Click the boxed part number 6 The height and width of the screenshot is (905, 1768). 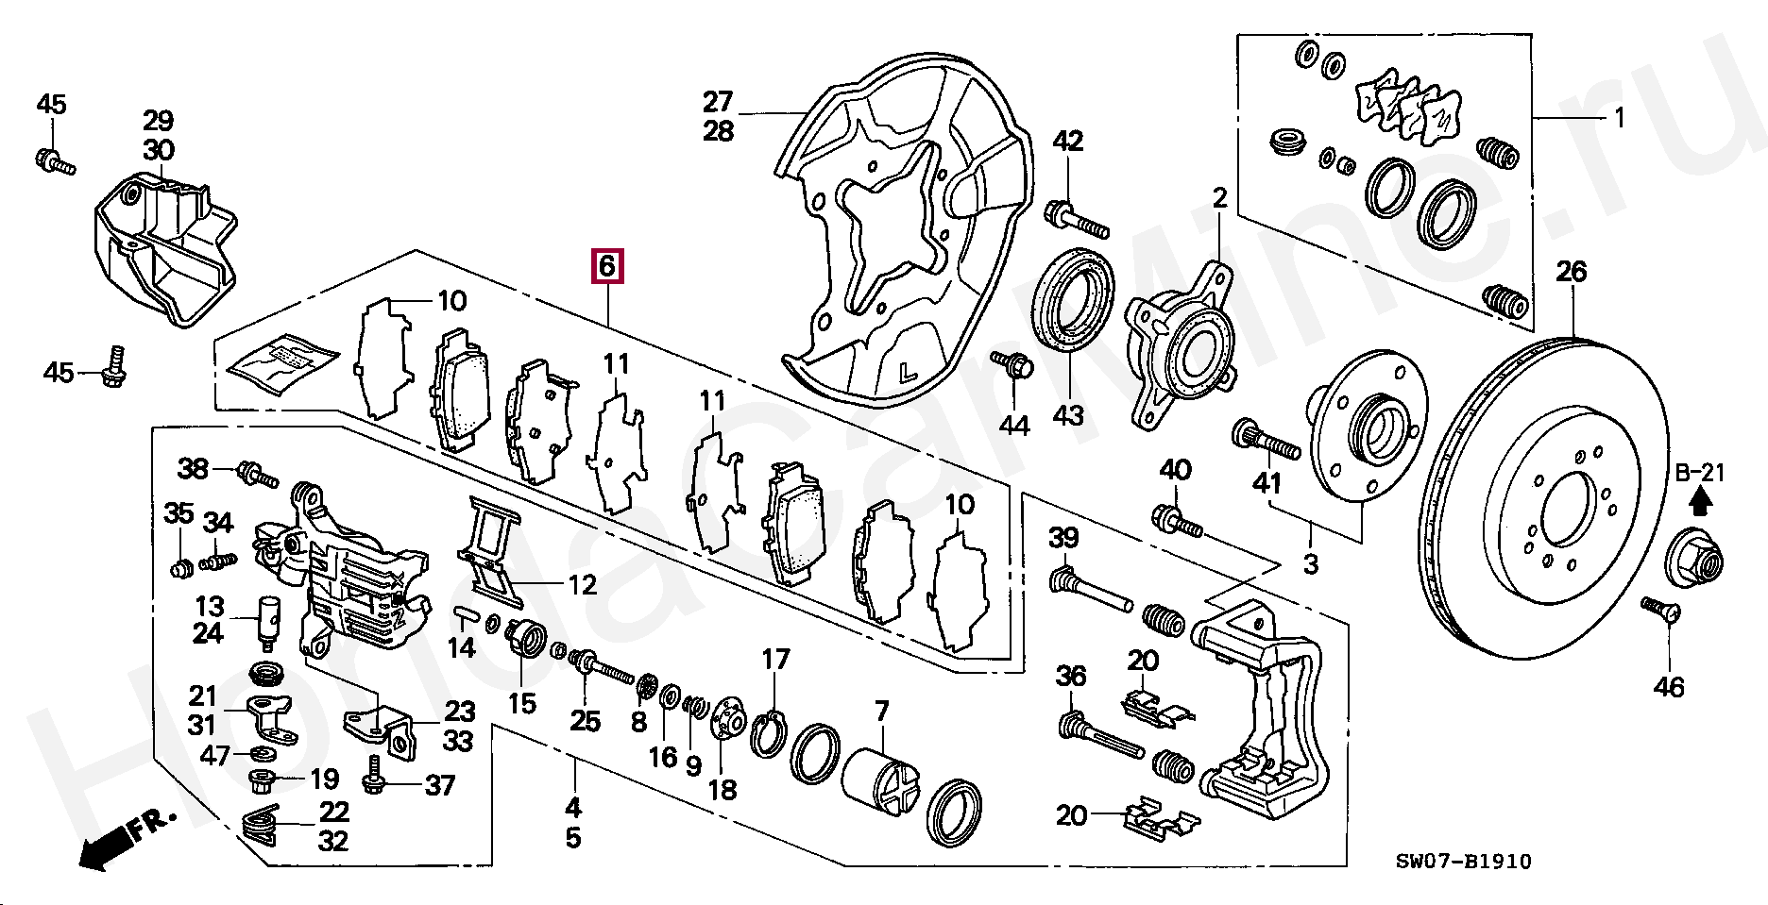[x=606, y=266]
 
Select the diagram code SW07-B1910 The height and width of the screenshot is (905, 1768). [x=1464, y=861]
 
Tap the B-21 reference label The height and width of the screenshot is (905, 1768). [x=1700, y=472]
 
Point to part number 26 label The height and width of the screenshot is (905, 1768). [x=1572, y=272]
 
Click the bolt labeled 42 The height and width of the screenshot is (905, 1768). [x=1077, y=219]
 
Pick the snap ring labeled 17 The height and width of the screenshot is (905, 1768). [x=770, y=735]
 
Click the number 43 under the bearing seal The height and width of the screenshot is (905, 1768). [x=1068, y=415]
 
